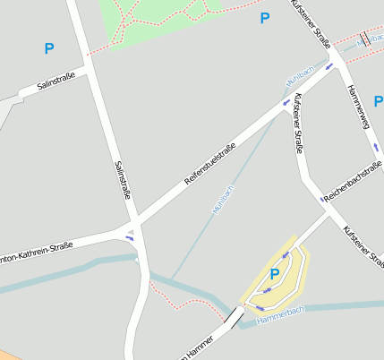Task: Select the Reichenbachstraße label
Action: coord(354,183)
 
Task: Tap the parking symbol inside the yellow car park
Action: coord(275,275)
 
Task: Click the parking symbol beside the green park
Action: coord(264,18)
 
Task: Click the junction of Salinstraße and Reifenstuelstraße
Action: coord(134,221)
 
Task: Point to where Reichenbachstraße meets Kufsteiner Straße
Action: coord(321,198)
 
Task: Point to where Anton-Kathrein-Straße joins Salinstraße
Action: coord(129,235)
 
